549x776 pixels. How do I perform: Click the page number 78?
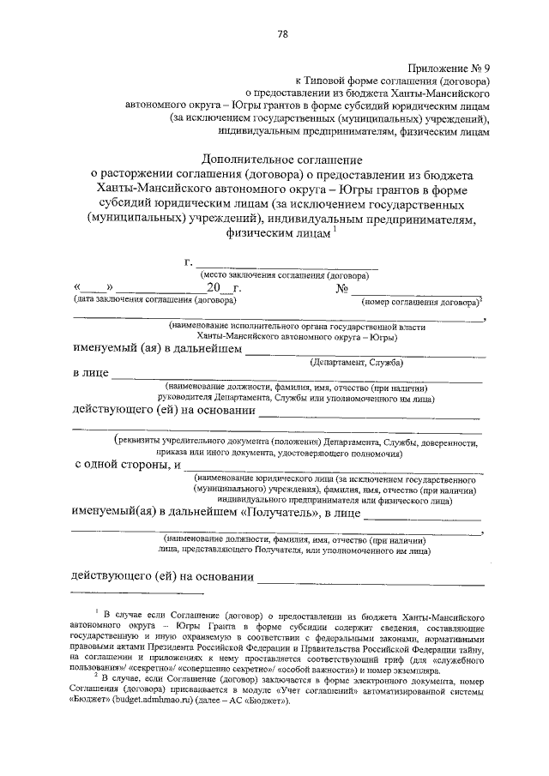(x=282, y=33)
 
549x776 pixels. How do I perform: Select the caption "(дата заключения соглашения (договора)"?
(x=151, y=300)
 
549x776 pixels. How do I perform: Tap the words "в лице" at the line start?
(x=88, y=375)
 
